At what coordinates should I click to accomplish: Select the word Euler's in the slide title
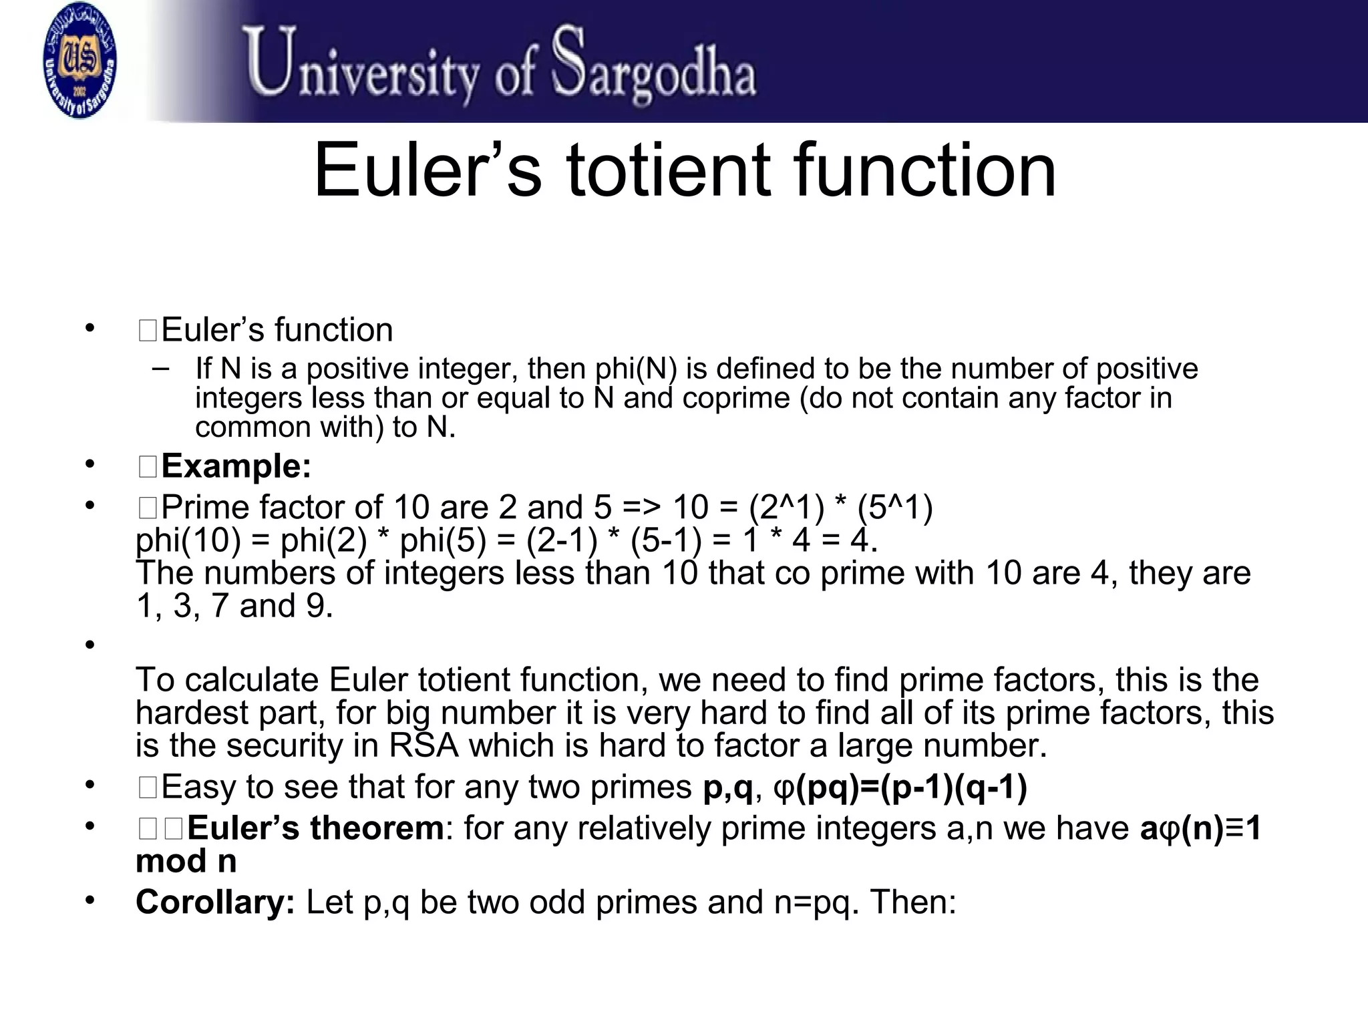(x=427, y=171)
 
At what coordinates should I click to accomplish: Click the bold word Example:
(x=236, y=466)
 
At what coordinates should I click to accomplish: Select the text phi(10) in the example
(x=188, y=540)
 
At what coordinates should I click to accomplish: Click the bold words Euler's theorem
(x=315, y=829)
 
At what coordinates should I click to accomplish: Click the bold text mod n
(x=186, y=861)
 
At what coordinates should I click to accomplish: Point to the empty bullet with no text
(x=89, y=645)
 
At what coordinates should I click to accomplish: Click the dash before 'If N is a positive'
(x=160, y=368)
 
